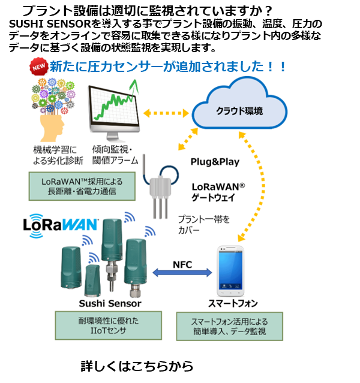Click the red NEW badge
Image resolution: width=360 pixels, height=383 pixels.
[x=39, y=67]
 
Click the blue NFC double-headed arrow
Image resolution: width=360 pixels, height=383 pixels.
[x=182, y=272]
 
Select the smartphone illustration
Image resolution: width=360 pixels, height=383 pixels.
[x=230, y=271]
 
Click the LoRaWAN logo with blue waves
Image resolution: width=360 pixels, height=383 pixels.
[x=61, y=225]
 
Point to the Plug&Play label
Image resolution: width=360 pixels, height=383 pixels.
[x=215, y=162]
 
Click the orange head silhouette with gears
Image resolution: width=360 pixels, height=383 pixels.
[x=53, y=110]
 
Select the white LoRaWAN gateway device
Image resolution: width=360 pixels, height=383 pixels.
[x=160, y=193]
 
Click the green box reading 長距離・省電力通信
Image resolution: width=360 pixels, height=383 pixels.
[x=82, y=186]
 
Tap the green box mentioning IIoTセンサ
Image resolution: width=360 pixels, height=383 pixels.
[x=109, y=325]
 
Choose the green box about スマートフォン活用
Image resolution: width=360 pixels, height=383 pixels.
[x=230, y=326]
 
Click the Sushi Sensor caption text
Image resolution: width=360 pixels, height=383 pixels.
[x=110, y=304]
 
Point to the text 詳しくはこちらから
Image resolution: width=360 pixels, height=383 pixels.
[x=137, y=366]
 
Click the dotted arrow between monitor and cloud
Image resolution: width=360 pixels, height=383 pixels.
[x=166, y=113]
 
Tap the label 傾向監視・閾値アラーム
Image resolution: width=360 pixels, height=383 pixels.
[x=115, y=155]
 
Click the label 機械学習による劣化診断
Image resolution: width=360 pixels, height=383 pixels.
[x=58, y=155]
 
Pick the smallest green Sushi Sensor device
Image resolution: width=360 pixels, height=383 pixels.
[x=92, y=281]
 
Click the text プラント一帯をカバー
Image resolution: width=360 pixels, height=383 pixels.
[x=204, y=225]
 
